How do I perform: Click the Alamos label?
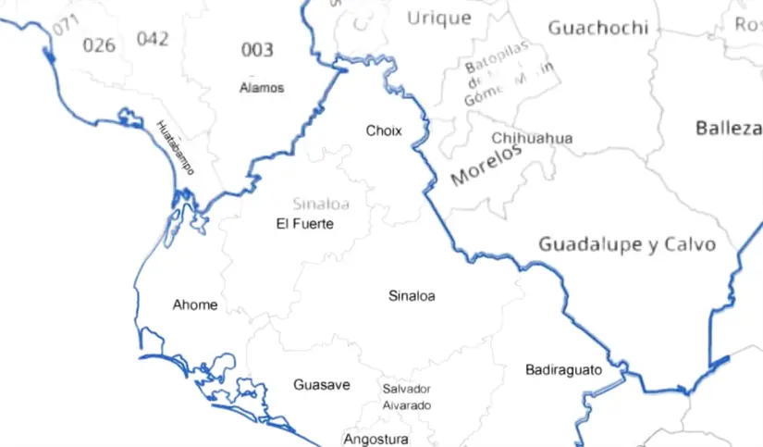261,88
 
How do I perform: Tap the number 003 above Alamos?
257,50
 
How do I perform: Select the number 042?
153,39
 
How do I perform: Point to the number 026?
99,44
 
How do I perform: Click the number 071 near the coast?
66,25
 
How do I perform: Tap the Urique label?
438,17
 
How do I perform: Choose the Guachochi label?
597,28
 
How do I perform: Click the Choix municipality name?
384,130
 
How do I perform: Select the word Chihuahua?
532,139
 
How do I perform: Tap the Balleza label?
728,129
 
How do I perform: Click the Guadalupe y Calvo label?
627,244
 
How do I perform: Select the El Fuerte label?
304,224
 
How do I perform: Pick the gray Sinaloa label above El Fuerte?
320,204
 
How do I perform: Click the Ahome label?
195,304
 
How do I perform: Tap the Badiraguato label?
563,369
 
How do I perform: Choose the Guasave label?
322,384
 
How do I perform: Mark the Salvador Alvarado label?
407,397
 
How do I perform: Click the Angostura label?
375,438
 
